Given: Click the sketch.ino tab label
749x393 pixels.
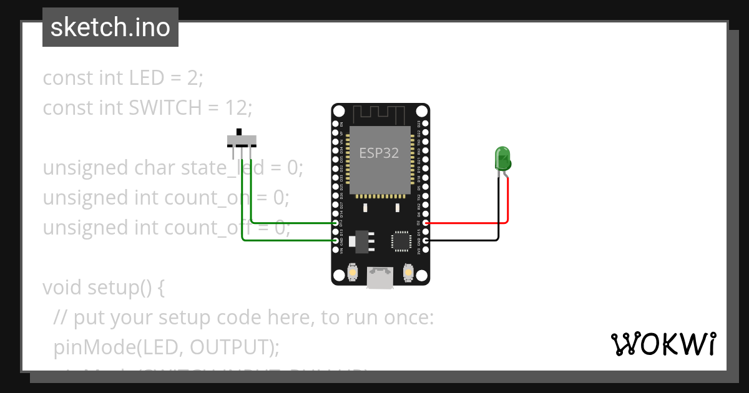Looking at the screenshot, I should point(110,27).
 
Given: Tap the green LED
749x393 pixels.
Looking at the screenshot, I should point(502,158).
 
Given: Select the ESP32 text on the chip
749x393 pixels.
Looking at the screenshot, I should point(379,153).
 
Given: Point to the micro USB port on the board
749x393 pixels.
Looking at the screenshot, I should point(380,278).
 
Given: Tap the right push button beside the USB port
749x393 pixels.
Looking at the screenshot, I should point(409,273).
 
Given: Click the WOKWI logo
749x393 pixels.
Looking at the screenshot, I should point(663,344).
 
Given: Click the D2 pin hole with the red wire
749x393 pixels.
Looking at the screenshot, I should point(425,223).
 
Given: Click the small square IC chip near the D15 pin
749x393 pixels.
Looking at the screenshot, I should point(400,241).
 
